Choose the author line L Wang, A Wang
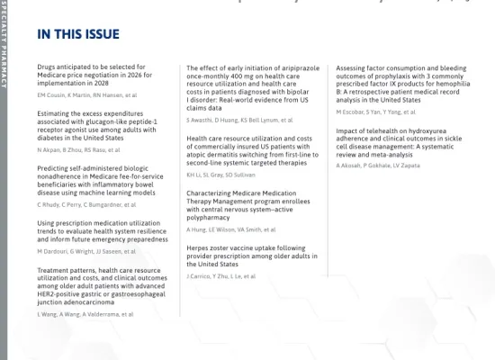85,314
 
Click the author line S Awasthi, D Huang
238,119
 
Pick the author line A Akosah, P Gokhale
377,166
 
